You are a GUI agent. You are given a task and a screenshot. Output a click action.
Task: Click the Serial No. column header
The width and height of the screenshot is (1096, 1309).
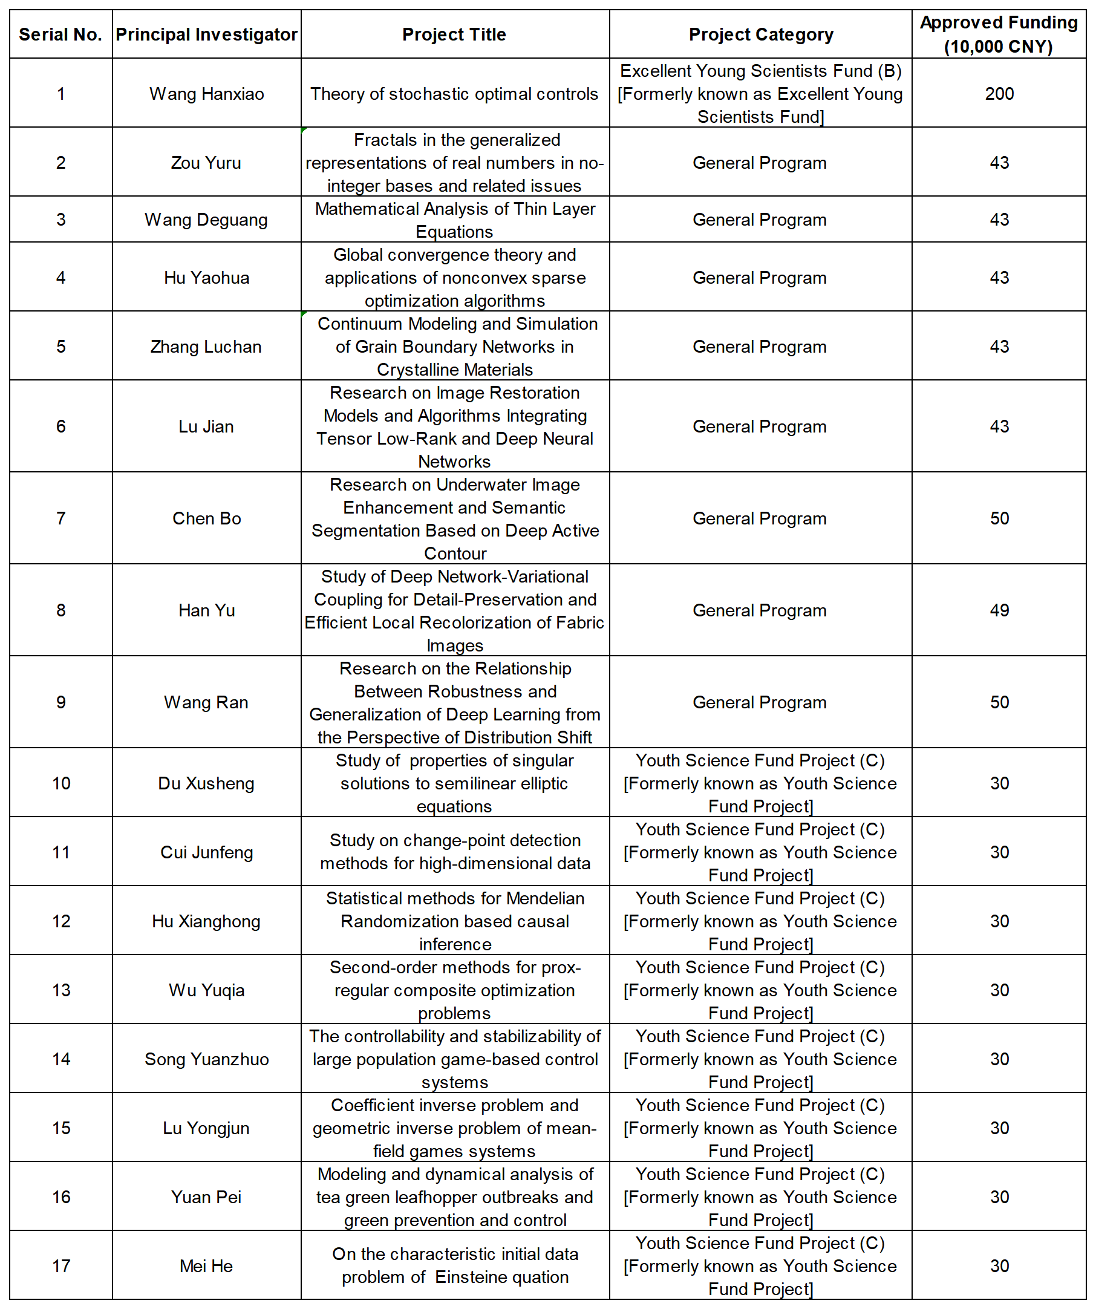60,34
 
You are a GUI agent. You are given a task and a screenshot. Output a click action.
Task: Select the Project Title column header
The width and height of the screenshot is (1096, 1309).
454,34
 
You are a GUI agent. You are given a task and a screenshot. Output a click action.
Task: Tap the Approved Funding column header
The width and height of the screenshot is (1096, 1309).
999,34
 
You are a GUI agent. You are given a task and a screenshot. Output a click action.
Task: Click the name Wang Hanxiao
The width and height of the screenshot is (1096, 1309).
206,94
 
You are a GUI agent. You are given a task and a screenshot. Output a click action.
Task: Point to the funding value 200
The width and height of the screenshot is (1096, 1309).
999,94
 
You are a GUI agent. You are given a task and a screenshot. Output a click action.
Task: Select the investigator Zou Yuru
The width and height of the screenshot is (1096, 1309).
206,163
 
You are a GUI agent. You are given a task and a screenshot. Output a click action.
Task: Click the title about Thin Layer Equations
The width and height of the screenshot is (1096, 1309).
454,220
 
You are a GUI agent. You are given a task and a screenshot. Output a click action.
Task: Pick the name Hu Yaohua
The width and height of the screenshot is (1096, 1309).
206,278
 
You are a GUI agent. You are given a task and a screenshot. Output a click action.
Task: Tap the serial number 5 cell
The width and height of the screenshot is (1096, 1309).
60,347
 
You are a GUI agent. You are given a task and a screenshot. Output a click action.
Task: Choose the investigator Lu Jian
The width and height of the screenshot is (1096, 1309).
206,426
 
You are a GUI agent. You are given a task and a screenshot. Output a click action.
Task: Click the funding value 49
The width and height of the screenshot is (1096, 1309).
999,610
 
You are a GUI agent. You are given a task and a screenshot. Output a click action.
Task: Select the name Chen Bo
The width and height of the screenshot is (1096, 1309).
206,518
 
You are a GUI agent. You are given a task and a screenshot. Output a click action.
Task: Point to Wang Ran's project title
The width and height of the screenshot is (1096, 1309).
454,702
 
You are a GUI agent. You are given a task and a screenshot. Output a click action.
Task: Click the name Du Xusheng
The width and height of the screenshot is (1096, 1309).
206,783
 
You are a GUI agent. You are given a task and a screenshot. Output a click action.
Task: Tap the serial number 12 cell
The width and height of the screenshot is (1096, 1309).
60,921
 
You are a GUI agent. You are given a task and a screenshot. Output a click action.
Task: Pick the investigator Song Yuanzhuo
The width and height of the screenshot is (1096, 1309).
206,1059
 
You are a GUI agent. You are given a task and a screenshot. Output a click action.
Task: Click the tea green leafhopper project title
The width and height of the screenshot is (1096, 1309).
454,1197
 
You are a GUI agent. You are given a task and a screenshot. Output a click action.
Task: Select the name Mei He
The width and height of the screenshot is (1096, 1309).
206,1266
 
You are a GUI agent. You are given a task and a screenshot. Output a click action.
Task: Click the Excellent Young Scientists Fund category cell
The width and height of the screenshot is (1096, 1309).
760,94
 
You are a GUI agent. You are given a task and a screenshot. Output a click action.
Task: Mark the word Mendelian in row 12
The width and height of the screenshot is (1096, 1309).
545,898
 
